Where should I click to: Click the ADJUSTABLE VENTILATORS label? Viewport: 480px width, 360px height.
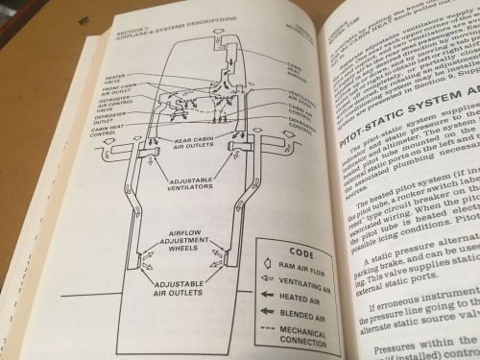coord(197,185)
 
